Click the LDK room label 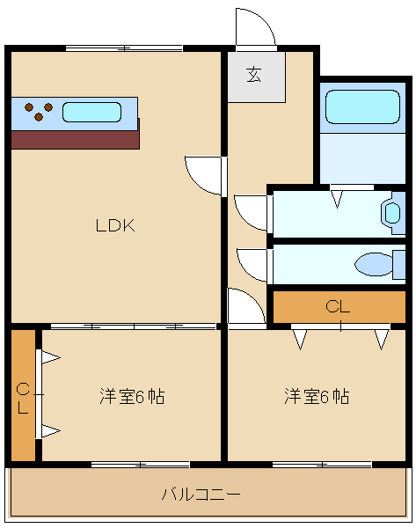(x=115, y=225)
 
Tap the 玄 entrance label (x=254, y=75)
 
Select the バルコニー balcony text (x=201, y=494)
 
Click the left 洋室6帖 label (x=132, y=396)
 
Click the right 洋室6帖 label (x=317, y=396)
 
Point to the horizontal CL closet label (x=338, y=306)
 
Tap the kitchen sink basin (x=91, y=112)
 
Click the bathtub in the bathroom (x=363, y=106)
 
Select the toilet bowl (x=375, y=264)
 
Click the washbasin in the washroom (x=390, y=213)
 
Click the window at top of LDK (x=124, y=48)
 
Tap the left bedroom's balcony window (x=141, y=465)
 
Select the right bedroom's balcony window (x=322, y=465)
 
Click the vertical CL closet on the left (x=23, y=395)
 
